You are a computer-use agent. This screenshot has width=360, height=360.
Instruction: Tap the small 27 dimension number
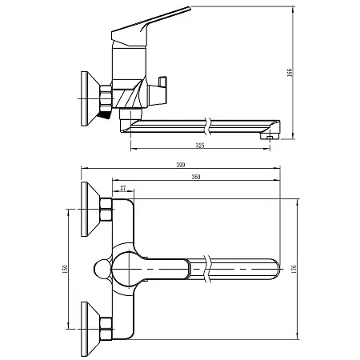(x=122, y=189)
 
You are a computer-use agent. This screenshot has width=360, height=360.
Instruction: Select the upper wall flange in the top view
(x=87, y=210)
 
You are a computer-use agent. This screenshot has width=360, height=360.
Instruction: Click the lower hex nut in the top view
(x=105, y=326)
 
